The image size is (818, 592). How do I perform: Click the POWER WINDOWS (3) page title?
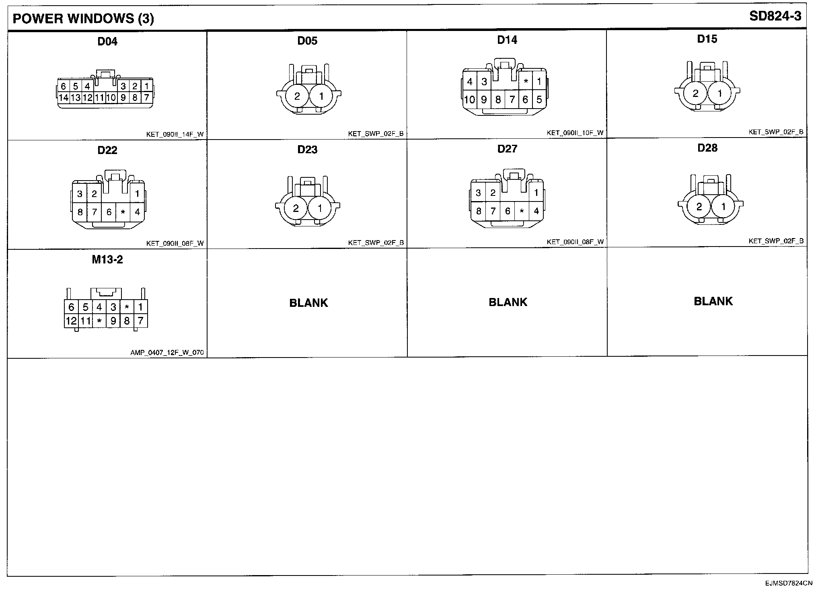pyautogui.click(x=83, y=18)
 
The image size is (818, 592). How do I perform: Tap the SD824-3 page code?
pyautogui.click(x=775, y=16)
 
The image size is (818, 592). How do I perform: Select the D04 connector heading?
pyautogui.click(x=107, y=41)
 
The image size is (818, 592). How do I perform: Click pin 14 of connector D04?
pyautogui.click(x=64, y=97)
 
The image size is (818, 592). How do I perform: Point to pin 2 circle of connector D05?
pyautogui.click(x=297, y=97)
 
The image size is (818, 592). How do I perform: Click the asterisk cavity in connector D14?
pyautogui.click(x=526, y=82)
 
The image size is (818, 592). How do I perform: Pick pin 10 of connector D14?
pyautogui.click(x=469, y=99)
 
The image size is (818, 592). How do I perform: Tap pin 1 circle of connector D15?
pyautogui.click(x=719, y=94)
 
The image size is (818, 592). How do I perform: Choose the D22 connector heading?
pyautogui.click(x=107, y=150)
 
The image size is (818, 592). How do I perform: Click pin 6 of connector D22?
pyautogui.click(x=109, y=212)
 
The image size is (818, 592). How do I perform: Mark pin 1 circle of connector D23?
pyautogui.click(x=320, y=208)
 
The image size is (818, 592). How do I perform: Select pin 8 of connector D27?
pyautogui.click(x=478, y=211)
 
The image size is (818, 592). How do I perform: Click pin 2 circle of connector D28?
pyautogui.click(x=699, y=207)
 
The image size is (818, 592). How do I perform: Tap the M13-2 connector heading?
pyautogui.click(x=107, y=260)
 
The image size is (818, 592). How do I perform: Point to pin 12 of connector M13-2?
pyautogui.click(x=71, y=321)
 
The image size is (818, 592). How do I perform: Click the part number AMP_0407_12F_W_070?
pyautogui.click(x=167, y=353)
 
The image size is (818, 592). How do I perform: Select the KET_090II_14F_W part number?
pyautogui.click(x=175, y=134)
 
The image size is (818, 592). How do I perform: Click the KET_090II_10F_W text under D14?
pyautogui.click(x=575, y=133)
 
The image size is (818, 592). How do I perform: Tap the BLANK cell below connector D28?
pyautogui.click(x=713, y=301)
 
